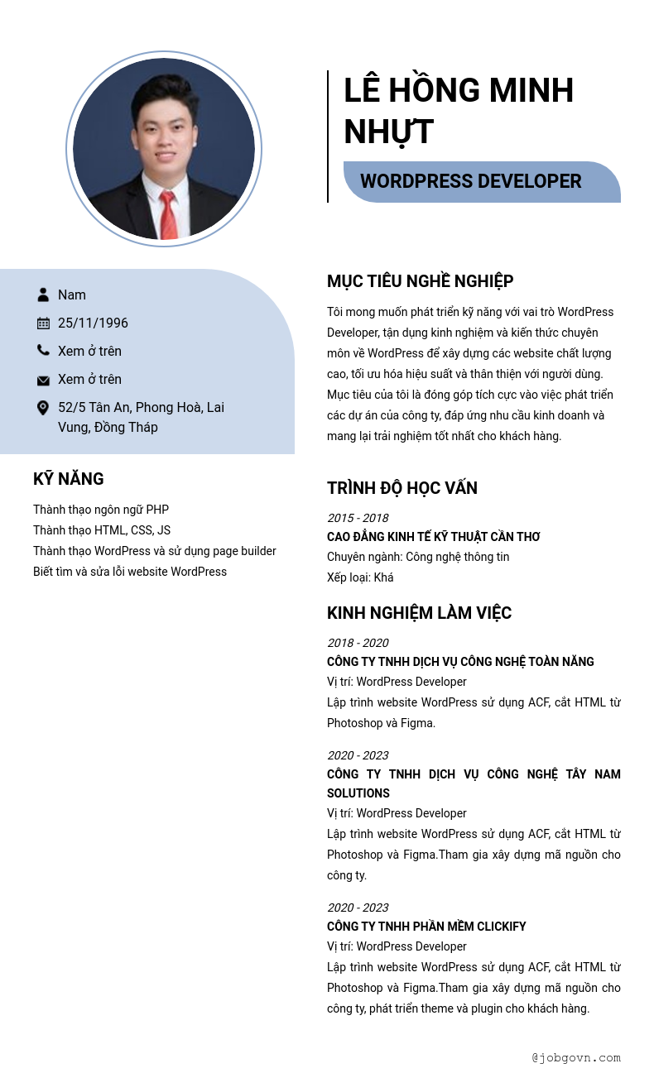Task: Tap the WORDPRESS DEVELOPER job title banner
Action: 471,182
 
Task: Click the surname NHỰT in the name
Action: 388,132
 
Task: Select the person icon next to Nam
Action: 43,295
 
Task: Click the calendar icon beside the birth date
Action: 43,323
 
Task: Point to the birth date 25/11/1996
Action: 93,323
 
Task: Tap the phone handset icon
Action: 43,351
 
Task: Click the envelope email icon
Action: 43,380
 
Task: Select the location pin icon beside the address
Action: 43,408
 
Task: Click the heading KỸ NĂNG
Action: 69,479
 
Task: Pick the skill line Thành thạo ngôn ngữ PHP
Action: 101,510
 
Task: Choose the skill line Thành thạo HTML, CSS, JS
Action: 102,530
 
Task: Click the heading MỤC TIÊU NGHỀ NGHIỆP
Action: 420,281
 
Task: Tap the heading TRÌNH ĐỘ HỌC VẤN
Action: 402,488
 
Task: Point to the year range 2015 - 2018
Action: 358,518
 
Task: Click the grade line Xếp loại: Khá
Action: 360,577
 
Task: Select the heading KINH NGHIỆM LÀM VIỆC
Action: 419,613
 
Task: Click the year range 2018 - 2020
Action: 358,643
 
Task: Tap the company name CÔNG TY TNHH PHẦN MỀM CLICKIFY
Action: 426,927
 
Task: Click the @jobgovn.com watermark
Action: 576,1057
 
